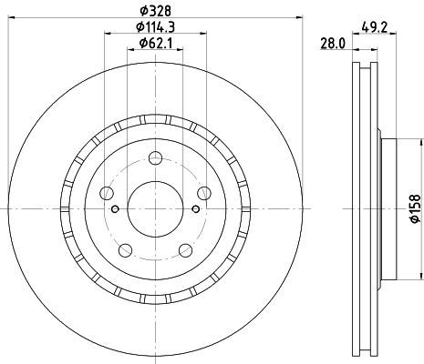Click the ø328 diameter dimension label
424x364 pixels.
(155, 11)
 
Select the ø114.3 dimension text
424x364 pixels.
(155, 27)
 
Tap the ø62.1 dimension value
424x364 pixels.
(155, 44)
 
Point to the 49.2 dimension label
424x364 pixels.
(374, 28)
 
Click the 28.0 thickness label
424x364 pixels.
(333, 45)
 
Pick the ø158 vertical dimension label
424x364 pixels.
(416, 209)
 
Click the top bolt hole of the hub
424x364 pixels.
(155, 158)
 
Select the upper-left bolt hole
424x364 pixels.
(107, 193)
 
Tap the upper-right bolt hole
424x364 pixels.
(204, 193)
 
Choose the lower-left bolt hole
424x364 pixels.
(125, 250)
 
